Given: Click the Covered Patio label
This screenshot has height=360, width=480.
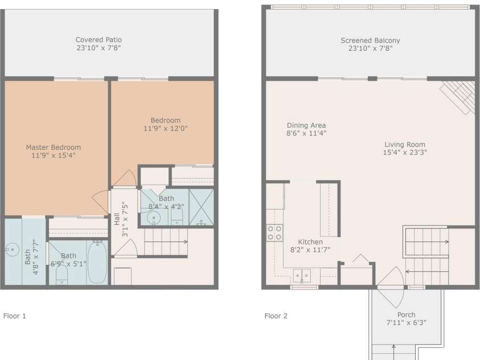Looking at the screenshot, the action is point(99,40).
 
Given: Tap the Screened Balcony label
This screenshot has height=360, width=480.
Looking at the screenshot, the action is point(370,40).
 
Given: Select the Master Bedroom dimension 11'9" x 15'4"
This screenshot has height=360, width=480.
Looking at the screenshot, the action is point(54,155).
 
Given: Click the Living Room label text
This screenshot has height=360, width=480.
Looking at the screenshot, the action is point(405,145).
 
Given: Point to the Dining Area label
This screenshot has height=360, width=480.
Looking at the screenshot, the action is point(306,125).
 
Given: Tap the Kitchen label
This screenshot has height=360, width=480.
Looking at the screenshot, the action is point(310,242).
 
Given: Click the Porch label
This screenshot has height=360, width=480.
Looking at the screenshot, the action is point(406,314).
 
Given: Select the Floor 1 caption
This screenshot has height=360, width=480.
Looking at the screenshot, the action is point(15,316).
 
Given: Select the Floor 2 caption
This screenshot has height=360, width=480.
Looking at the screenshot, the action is point(276,316).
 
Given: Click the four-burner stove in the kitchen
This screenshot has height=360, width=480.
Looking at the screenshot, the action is point(274,232).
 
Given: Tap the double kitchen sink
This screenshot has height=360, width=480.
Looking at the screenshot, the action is point(302,276).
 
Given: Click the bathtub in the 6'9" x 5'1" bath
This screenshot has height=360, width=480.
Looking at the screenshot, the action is point(97,263).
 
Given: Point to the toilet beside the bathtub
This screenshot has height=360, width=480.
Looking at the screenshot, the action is point(62,275).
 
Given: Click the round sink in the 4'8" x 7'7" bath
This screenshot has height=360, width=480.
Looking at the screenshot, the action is point(13,249).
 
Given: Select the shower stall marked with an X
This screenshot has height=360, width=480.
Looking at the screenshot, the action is point(201,207).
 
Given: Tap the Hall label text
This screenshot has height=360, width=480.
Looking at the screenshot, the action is point(117,219).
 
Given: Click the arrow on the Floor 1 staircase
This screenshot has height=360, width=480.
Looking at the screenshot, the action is point(166,242).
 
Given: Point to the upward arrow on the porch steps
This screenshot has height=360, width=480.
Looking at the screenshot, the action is point(393,352).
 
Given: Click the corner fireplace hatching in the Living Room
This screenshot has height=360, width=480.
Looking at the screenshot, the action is point(457,97).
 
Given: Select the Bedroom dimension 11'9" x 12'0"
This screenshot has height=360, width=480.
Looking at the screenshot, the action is point(166,128).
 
